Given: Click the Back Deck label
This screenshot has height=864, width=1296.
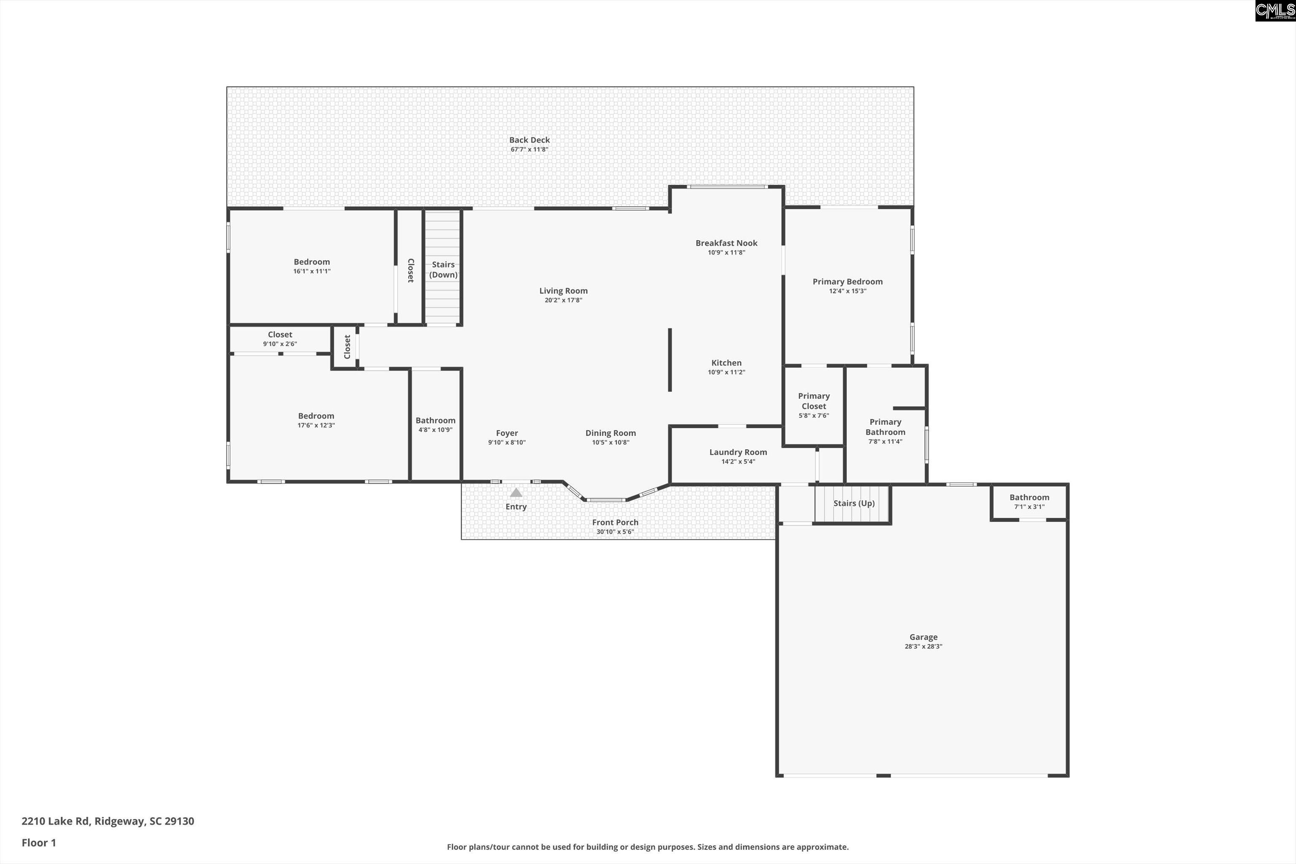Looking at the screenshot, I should (x=529, y=140).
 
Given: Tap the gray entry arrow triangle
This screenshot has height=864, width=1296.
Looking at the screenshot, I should (x=516, y=493).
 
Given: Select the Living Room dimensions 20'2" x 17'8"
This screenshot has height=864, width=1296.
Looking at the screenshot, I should (x=563, y=300).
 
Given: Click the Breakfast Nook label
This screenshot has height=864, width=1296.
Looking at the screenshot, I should (x=726, y=243).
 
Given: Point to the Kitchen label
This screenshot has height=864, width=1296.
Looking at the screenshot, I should (x=726, y=362).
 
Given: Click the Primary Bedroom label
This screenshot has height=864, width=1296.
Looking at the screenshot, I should (x=847, y=281).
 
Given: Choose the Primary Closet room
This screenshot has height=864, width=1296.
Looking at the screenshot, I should (x=813, y=405).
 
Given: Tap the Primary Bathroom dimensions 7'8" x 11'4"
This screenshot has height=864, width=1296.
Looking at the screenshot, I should (x=885, y=441).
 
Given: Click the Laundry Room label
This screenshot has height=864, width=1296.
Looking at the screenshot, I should (x=738, y=452).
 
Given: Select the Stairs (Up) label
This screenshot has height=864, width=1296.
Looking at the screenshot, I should (x=853, y=503).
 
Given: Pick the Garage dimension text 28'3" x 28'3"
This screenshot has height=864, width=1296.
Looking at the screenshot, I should (x=923, y=646).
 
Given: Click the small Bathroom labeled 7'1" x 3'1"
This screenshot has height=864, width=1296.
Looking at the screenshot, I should (x=1029, y=502).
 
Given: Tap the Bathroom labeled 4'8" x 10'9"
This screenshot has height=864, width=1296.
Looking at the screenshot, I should (x=435, y=424).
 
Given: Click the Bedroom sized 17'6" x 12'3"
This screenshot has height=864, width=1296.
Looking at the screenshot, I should (x=316, y=420).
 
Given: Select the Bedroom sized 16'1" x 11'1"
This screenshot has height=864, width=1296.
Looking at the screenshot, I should (x=311, y=266).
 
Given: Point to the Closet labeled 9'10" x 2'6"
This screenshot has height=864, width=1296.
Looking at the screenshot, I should (x=280, y=338).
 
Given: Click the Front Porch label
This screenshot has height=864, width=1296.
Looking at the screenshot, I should (x=615, y=522).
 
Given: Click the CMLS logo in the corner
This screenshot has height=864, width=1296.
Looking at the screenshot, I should (x=1274, y=11).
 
